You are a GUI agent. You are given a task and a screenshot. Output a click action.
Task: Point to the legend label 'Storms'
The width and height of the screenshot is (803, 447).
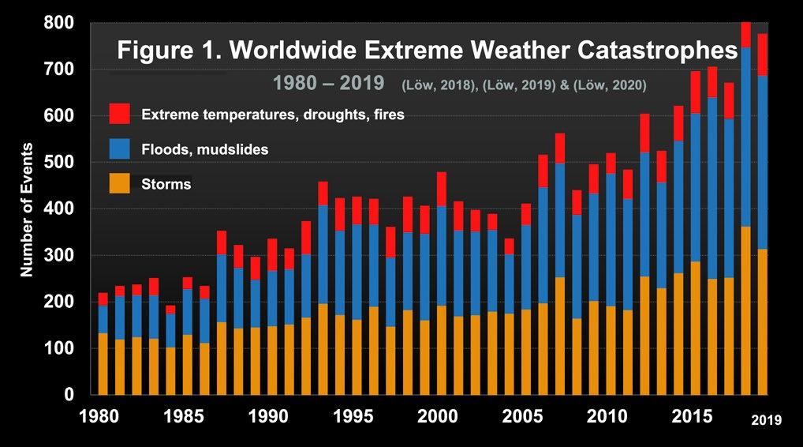166,186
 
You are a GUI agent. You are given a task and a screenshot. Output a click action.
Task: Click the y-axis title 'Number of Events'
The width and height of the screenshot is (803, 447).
27,209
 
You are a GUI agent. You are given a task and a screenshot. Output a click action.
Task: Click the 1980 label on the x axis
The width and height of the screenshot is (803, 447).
101,415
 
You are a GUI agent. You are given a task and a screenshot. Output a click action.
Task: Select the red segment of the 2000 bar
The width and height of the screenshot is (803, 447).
442,190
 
